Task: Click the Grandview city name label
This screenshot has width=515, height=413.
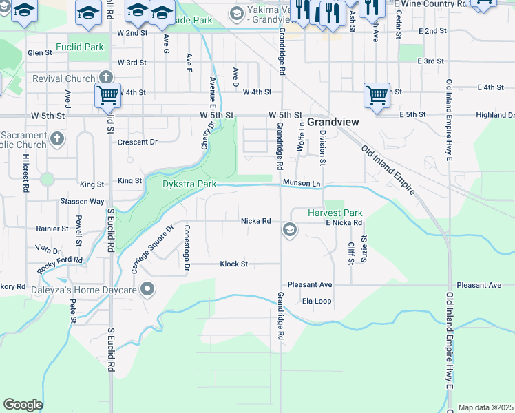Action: (x=333, y=121)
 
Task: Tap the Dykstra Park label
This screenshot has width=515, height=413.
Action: (x=189, y=184)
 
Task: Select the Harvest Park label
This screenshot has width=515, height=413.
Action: (x=335, y=213)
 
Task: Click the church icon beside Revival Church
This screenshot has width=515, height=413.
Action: (x=105, y=76)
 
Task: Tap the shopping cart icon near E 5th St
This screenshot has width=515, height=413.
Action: (x=377, y=96)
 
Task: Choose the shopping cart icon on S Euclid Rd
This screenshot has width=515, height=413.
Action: (x=108, y=96)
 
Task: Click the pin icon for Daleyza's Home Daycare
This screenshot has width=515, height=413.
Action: (x=147, y=289)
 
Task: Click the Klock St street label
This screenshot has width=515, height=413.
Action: (x=233, y=264)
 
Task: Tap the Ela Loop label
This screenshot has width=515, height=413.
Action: (x=317, y=301)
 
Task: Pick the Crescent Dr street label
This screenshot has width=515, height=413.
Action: (x=138, y=142)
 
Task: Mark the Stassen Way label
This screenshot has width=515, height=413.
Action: (x=82, y=202)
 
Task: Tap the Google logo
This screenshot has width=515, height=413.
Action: (x=23, y=405)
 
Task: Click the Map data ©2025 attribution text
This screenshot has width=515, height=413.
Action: (x=486, y=407)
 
